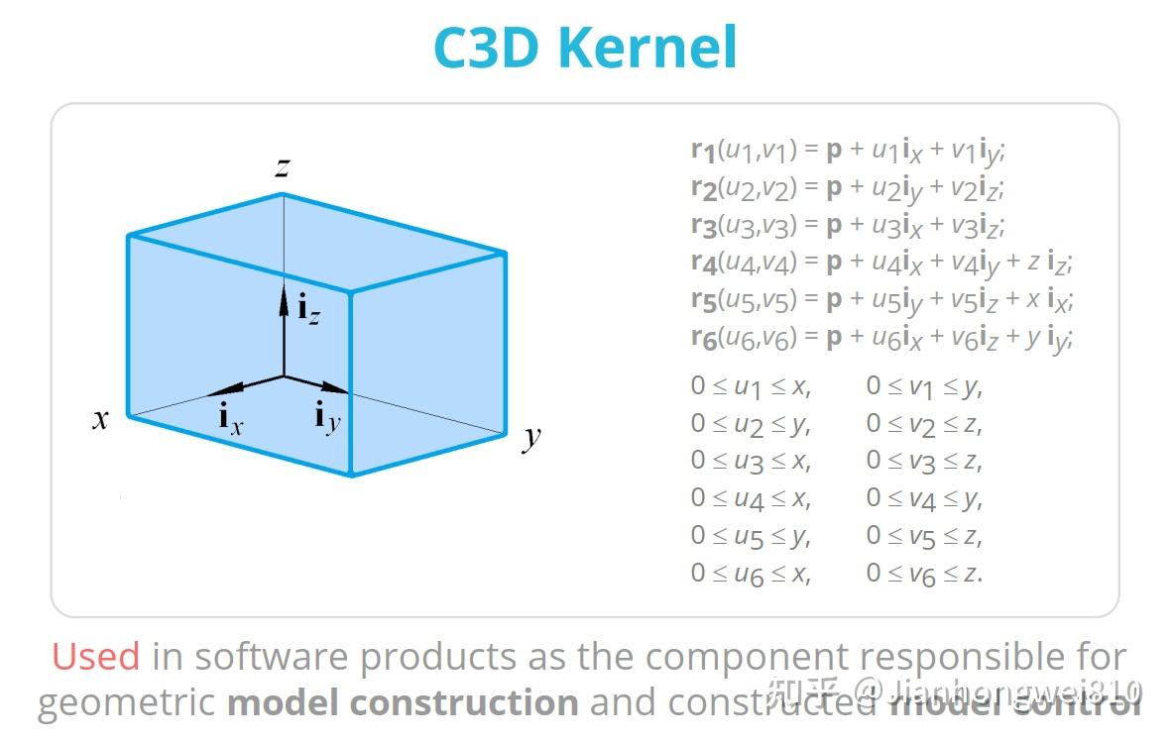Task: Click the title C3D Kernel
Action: (x=585, y=47)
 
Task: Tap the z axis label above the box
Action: (x=284, y=167)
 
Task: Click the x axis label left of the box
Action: (x=100, y=419)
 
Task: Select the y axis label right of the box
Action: (x=532, y=436)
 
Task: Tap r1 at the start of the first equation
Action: (x=703, y=152)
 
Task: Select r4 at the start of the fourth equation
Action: (x=703, y=265)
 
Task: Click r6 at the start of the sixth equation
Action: (x=703, y=339)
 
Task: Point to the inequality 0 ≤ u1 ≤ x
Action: (x=751, y=387)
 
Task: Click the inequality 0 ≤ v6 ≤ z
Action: (x=924, y=574)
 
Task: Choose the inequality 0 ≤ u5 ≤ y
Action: (x=751, y=537)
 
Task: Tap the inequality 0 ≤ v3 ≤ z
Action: (x=924, y=462)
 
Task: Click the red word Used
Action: (x=95, y=657)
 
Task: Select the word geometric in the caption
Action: (x=126, y=702)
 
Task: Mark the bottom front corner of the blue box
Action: (x=351, y=475)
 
